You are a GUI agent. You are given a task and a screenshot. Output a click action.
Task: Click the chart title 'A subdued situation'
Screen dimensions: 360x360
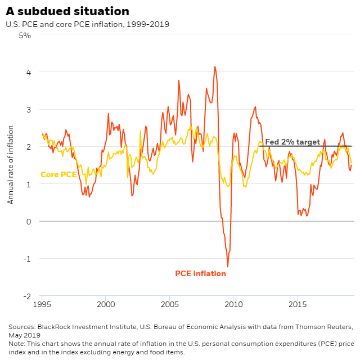[67, 11]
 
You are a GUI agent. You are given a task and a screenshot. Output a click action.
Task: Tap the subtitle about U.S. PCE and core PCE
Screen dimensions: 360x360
[87, 24]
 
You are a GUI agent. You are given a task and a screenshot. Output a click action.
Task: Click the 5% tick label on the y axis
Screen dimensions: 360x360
[25, 35]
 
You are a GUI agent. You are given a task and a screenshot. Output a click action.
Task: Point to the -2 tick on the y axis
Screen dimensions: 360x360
[26, 296]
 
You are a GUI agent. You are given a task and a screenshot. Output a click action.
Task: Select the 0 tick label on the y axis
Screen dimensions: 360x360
[28, 221]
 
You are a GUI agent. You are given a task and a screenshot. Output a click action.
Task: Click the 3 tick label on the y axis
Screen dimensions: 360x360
[28, 109]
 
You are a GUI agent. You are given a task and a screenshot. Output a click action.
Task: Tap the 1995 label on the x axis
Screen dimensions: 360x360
[42, 304]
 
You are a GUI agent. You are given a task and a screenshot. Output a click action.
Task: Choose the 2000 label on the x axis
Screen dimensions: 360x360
[106, 304]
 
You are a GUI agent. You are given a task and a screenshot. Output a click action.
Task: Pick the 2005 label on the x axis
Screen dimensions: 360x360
[170, 304]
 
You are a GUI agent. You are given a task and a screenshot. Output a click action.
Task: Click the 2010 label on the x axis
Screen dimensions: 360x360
[233, 304]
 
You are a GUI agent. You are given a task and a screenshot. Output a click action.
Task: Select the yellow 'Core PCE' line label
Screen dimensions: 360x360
[58, 175]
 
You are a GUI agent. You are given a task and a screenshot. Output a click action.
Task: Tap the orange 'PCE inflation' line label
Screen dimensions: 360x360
[200, 274]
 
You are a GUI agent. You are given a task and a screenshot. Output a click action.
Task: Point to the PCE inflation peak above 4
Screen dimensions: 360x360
[215, 66]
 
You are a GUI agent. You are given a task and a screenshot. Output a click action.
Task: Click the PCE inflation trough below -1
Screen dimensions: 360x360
[228, 266]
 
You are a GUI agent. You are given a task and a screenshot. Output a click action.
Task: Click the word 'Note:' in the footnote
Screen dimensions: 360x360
[17, 344]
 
